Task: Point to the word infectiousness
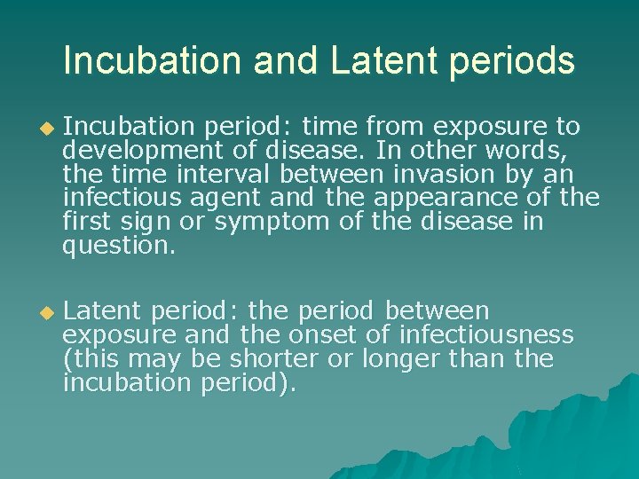[x=486, y=336]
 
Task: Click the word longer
[x=397, y=360]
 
